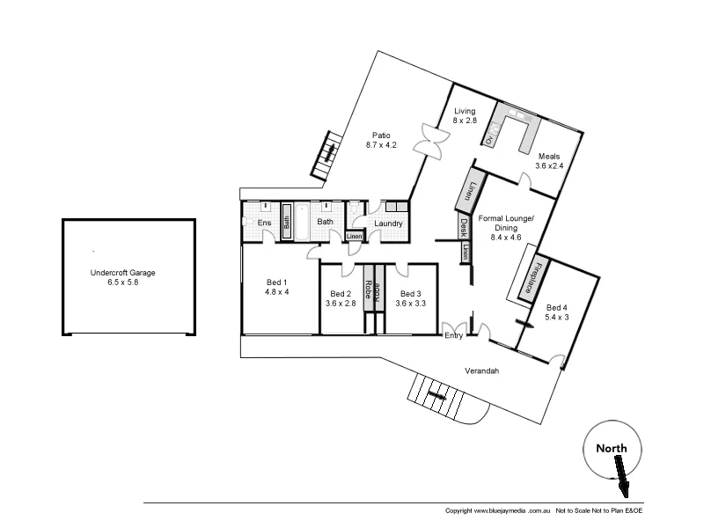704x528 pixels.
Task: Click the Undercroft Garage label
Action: click(x=128, y=273)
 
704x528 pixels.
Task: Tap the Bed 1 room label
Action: click(x=277, y=282)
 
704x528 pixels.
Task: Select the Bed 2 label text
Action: click(x=341, y=293)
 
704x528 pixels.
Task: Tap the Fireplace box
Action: click(x=532, y=279)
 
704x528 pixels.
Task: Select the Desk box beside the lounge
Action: click(x=463, y=228)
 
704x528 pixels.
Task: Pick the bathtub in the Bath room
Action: click(x=300, y=222)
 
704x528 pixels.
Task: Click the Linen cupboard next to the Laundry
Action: click(x=354, y=236)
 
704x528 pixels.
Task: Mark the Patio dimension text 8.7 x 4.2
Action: click(x=380, y=145)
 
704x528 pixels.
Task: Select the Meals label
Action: click(x=549, y=157)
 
